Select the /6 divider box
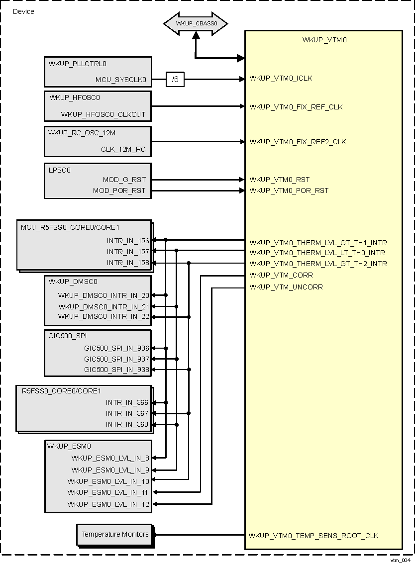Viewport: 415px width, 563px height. click(x=175, y=79)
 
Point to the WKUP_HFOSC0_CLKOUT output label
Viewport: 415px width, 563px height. click(x=104, y=114)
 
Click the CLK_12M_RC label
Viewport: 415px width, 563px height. click(x=124, y=149)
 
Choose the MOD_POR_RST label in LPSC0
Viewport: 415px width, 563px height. click(x=119, y=190)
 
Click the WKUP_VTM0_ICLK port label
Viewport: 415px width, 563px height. click(x=281, y=78)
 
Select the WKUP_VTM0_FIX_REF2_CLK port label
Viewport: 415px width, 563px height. click(x=298, y=142)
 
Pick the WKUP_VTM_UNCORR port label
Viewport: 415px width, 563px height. click(x=286, y=287)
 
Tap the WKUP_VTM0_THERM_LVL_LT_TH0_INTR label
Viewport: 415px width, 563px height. click(x=317, y=253)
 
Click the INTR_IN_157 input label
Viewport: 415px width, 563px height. click(x=127, y=252)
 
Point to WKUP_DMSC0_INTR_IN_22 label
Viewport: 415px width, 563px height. click(x=104, y=317)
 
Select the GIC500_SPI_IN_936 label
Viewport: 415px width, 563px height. click(x=116, y=348)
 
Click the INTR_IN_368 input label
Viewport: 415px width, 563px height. click(x=127, y=424)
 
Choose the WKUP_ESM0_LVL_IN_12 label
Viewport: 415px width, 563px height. click(x=108, y=504)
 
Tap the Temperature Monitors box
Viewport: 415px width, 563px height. click(x=115, y=535)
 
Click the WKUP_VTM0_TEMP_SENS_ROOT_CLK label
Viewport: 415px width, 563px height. click(x=313, y=536)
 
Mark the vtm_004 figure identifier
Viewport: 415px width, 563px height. click(x=400, y=559)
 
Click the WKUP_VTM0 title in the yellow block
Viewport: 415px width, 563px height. click(x=324, y=40)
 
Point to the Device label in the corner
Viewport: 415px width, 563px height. click(x=23, y=11)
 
